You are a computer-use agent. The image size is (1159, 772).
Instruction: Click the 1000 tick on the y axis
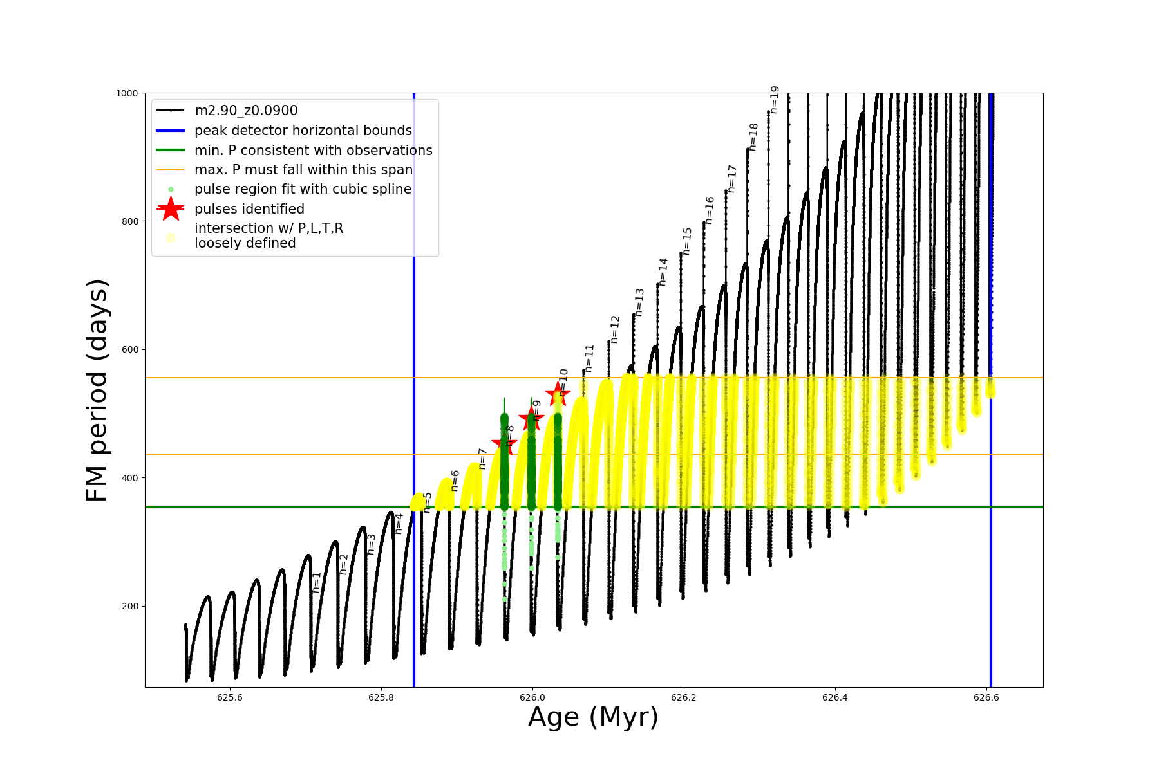click(x=127, y=93)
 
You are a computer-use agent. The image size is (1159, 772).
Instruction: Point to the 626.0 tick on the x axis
click(x=532, y=697)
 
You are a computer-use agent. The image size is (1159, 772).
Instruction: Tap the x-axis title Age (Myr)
click(x=593, y=717)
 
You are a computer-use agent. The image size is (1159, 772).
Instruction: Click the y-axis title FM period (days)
click(x=97, y=390)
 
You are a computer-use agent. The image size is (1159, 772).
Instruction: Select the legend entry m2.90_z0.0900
click(x=246, y=111)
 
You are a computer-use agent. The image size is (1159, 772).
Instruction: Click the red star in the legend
click(x=171, y=209)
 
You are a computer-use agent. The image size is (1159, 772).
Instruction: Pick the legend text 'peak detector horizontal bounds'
click(x=303, y=131)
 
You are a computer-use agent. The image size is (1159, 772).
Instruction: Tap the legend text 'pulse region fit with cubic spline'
click(x=303, y=189)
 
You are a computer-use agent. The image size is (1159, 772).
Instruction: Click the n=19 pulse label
click(x=775, y=100)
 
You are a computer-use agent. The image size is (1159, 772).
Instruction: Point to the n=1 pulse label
click(x=316, y=582)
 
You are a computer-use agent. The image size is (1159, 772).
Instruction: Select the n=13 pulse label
click(x=639, y=302)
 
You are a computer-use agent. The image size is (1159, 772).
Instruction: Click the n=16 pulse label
click(x=710, y=210)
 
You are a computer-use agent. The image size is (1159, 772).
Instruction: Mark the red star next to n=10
click(x=557, y=394)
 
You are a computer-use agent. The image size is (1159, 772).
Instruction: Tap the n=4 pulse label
click(x=399, y=524)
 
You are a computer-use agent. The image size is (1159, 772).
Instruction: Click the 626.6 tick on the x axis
click(x=986, y=697)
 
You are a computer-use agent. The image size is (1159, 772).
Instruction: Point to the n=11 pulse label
click(x=589, y=358)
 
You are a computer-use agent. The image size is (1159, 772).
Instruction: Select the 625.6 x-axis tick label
click(x=229, y=697)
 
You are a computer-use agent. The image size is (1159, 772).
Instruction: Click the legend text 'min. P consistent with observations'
click(x=313, y=151)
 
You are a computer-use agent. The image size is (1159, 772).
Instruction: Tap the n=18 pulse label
click(x=753, y=136)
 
